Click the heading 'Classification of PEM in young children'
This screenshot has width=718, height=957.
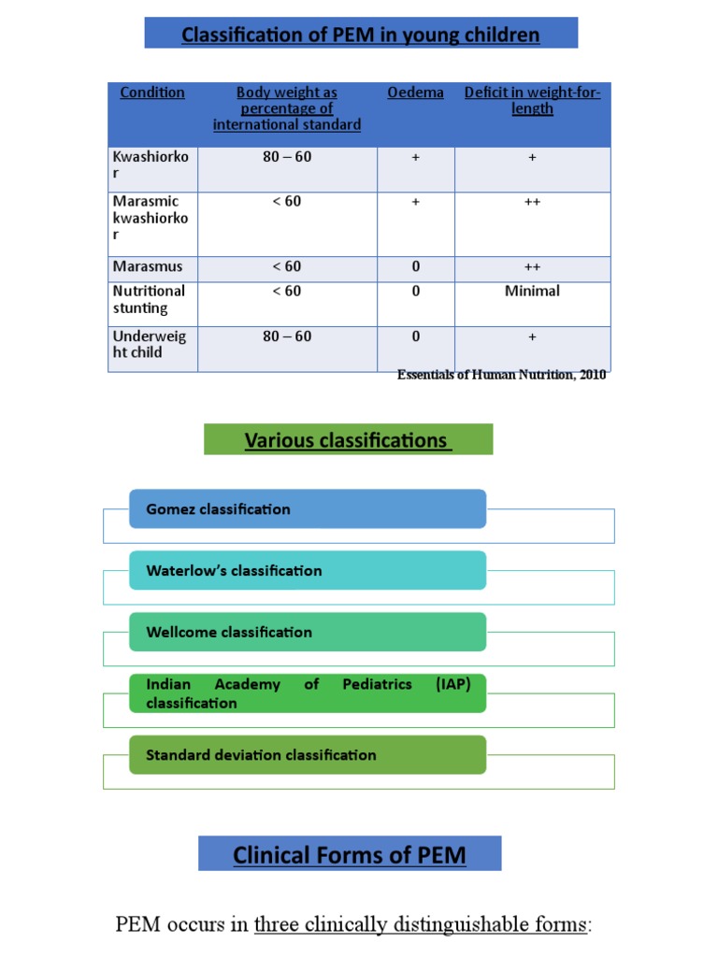click(360, 35)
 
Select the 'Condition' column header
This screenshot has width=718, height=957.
click(152, 93)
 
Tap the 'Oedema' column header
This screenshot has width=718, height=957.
click(415, 93)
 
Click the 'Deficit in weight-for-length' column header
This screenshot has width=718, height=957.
click(532, 100)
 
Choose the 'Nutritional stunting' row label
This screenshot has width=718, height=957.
click(149, 299)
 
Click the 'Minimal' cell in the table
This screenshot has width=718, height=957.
click(532, 292)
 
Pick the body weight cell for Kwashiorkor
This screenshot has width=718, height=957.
click(287, 157)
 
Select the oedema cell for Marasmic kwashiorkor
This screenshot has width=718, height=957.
click(415, 202)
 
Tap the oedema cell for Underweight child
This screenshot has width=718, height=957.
click(415, 336)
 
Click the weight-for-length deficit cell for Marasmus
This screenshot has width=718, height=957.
click(532, 267)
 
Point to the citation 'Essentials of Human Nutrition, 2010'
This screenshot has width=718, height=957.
click(501, 375)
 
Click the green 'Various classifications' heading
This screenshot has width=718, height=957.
click(348, 440)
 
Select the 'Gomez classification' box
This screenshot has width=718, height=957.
click(308, 509)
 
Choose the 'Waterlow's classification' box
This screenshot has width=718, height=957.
click(308, 571)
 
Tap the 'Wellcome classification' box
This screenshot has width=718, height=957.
click(308, 633)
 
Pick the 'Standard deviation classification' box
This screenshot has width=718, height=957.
click(308, 755)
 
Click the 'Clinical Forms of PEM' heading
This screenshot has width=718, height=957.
click(349, 854)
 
